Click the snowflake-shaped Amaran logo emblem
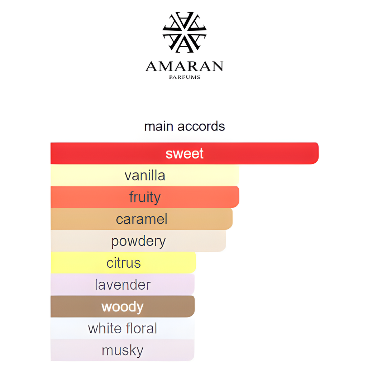pos(185,32)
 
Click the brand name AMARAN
pos(185,66)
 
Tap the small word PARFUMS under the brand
pos(185,77)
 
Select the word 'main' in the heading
pos(158,127)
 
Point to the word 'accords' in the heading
pos(201,127)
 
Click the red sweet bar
pos(185,153)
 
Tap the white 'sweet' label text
pos(185,153)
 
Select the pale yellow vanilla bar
pos(145,175)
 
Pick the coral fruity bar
pos(145,197)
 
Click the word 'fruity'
pos(145,197)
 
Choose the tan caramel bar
pos(141,219)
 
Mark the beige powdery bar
pos(138,241)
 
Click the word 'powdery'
pos(138,242)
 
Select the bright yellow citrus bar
pos(123,263)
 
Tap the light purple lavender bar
pos(123,284)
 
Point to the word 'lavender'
pos(123,285)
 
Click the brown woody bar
pos(123,306)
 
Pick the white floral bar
pos(123,328)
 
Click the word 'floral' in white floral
pos(141,328)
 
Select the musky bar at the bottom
pos(123,350)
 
